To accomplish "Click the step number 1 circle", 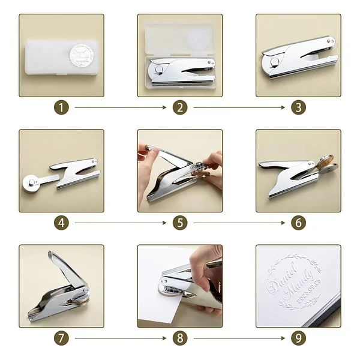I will point(61,108).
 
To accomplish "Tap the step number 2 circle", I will point(179,108).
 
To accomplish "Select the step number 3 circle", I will point(298,108).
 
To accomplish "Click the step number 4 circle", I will point(61,223).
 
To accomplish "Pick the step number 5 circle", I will point(179,223).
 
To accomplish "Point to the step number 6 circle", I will point(298,223).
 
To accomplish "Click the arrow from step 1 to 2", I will point(120,108).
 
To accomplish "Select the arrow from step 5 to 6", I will point(239,223).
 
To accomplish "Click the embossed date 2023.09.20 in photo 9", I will point(310,291).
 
